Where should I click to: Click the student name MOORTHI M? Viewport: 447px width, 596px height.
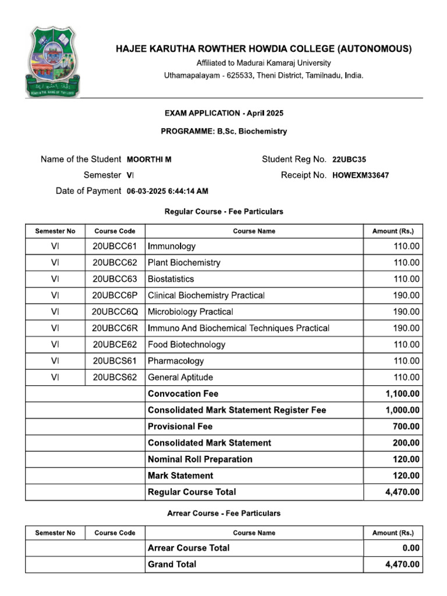coord(149,159)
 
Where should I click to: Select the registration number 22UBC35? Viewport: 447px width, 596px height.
coord(349,159)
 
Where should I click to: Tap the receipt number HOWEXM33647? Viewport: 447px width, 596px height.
coord(361,175)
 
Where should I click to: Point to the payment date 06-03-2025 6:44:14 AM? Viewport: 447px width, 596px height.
coord(167,191)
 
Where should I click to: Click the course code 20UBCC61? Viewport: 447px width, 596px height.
coord(115,246)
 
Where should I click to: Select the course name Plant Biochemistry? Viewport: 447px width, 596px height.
coord(184,262)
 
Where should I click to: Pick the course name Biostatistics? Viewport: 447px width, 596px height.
coord(171,279)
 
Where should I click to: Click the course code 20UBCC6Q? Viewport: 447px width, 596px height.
coord(115,311)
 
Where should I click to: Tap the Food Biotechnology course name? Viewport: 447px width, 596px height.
coord(186,345)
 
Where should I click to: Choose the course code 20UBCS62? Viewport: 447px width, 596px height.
coord(115,377)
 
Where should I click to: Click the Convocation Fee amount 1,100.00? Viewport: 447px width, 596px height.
coord(402,393)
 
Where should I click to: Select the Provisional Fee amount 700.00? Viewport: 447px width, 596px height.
coord(406,427)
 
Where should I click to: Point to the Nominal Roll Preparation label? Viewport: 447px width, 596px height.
coord(200,459)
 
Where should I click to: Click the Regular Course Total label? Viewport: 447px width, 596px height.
coord(192,492)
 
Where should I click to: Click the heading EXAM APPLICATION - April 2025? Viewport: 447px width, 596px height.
coord(223,113)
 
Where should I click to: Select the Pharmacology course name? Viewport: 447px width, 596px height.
coord(176,361)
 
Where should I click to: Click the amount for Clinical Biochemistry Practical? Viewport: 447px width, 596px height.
coord(406,295)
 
